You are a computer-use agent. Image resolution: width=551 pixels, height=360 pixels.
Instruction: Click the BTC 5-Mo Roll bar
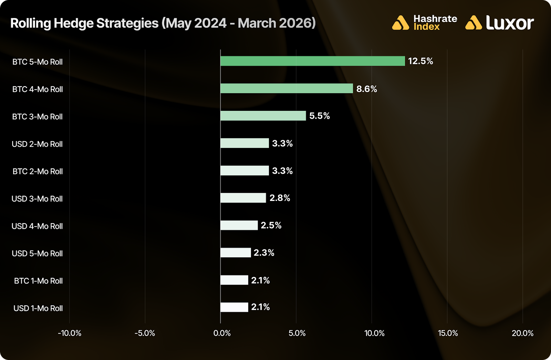pyautogui.click(x=312, y=61)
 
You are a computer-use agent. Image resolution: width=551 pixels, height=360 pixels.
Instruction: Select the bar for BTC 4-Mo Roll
pyautogui.click(x=287, y=88)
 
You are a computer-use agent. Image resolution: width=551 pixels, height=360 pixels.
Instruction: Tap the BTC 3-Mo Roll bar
pyautogui.click(x=263, y=116)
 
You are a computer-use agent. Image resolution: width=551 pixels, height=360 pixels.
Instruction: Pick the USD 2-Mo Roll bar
pyautogui.click(x=245, y=143)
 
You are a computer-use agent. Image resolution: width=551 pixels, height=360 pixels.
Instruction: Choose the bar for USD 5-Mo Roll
pyautogui.click(x=236, y=253)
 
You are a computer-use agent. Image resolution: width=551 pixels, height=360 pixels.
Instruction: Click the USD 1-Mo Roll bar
pyautogui.click(x=234, y=307)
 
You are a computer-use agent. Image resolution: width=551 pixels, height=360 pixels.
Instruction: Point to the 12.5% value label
pyautogui.click(x=420, y=61)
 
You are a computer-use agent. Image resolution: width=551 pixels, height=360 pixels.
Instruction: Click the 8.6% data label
pyautogui.click(x=366, y=89)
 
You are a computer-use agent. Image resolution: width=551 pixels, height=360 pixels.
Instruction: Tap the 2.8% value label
pyautogui.click(x=280, y=198)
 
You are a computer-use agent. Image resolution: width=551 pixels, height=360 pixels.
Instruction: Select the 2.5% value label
pyautogui.click(x=271, y=225)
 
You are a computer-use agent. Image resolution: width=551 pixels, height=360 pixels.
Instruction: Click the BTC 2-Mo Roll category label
pyautogui.click(x=38, y=171)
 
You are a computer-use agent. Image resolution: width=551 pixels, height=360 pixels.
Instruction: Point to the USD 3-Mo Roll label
pyautogui.click(x=37, y=199)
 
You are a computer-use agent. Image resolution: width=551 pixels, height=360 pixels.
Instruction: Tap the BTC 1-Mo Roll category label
pyautogui.click(x=38, y=281)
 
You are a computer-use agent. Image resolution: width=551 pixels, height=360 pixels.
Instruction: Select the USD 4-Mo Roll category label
pyautogui.click(x=37, y=226)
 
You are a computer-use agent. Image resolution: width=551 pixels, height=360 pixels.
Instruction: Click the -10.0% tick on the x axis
pyautogui.click(x=70, y=333)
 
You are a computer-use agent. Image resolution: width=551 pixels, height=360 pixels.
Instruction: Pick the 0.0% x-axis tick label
pyautogui.click(x=222, y=333)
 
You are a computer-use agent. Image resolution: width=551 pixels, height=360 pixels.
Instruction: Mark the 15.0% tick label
pyautogui.click(x=448, y=333)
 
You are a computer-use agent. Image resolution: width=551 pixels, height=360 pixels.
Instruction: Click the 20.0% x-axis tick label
pyautogui.click(x=522, y=333)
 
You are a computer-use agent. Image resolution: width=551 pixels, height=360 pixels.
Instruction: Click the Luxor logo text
pyautogui.click(x=510, y=23)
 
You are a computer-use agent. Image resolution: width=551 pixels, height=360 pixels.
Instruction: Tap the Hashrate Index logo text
pyautogui.click(x=435, y=23)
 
